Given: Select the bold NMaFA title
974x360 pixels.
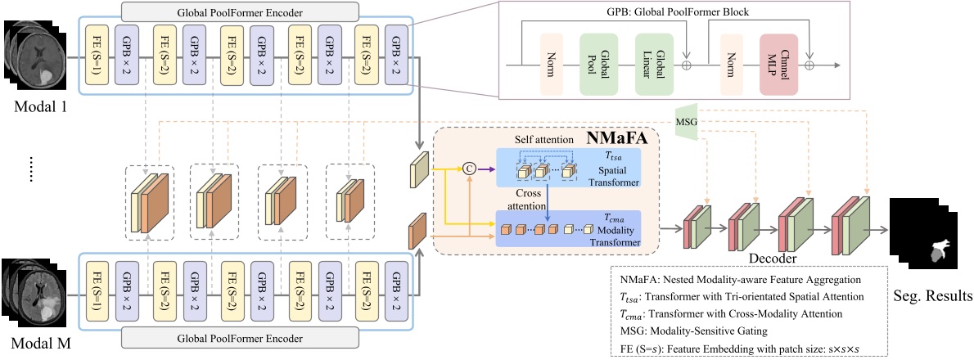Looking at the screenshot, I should (616, 138).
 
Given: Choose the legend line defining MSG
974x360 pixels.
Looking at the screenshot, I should (691, 331).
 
